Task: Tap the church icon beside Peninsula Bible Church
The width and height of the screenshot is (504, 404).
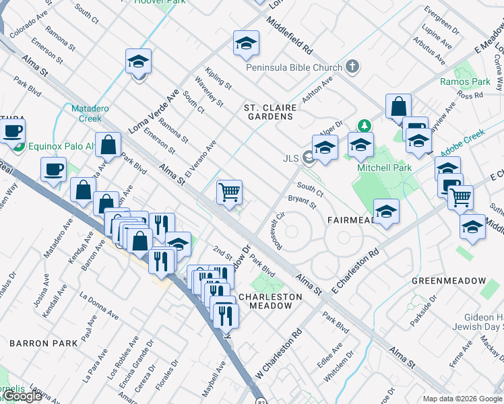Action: click(352, 67)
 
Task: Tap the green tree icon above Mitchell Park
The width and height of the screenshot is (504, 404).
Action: click(364, 125)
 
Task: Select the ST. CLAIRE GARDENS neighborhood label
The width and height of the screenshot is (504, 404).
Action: click(269, 112)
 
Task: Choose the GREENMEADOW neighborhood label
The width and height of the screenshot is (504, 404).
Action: click(448, 280)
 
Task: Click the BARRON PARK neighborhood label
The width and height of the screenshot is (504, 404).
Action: click(38, 343)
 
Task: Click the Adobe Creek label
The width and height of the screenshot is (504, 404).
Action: click(464, 145)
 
